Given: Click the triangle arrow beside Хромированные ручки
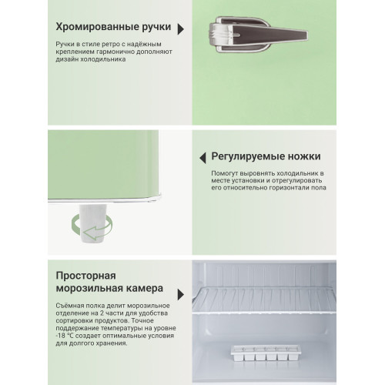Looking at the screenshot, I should click(180, 28).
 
